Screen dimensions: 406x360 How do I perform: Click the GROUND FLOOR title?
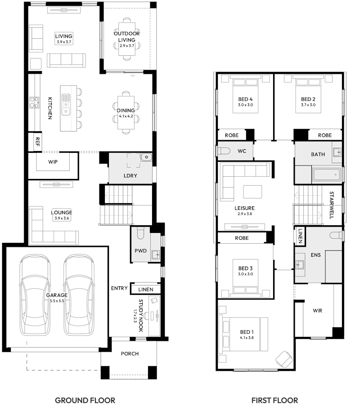tap(85, 400)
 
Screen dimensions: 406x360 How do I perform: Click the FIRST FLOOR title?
tap(274, 400)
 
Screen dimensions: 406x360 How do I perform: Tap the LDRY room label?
tap(130, 175)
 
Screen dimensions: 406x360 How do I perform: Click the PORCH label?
tap(130, 353)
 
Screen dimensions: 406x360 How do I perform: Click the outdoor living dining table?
tap(127, 39)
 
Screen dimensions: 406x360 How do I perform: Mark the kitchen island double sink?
tap(66, 104)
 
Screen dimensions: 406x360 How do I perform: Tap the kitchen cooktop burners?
tap(34, 103)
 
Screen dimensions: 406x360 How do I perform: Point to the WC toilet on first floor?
tap(224, 152)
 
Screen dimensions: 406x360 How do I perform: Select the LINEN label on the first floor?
tap(300, 236)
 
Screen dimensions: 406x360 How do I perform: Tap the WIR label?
tap(318, 310)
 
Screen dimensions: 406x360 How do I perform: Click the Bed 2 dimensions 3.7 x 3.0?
tap(308, 105)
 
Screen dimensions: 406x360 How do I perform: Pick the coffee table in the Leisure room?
tap(252, 192)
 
